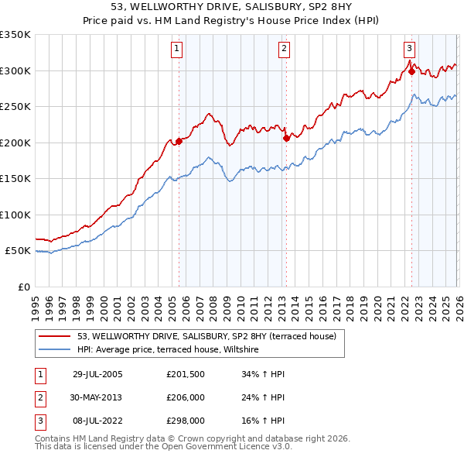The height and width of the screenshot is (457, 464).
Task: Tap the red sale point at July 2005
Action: (x=179, y=141)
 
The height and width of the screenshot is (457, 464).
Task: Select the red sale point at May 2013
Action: (x=286, y=138)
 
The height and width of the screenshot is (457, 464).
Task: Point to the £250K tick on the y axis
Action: (x=15, y=107)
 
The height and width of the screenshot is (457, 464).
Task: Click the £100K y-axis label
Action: (x=15, y=215)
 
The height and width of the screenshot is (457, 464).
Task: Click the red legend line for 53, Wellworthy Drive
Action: (x=55, y=336)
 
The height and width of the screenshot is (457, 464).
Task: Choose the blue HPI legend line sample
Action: (x=55, y=349)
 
